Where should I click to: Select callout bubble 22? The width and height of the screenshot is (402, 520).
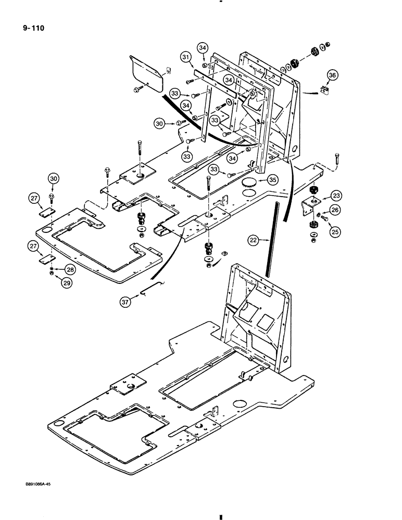[x=253, y=240]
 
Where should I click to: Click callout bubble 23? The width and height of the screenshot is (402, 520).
[x=336, y=196]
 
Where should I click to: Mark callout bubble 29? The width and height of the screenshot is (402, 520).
[x=67, y=283]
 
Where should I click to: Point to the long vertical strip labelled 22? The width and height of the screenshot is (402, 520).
[x=269, y=242]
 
